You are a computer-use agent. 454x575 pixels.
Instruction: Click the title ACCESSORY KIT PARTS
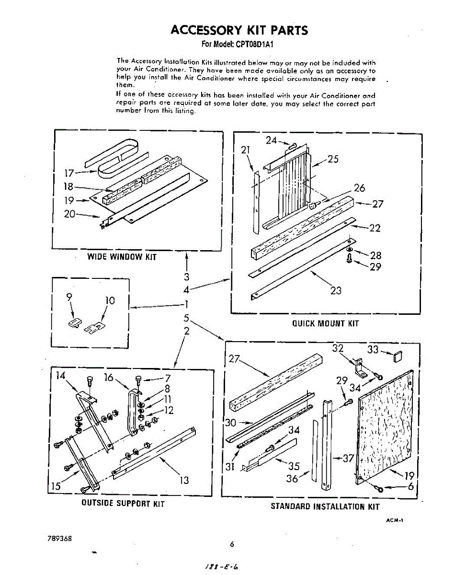[239, 31]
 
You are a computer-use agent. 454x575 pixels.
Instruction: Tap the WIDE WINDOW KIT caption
[122, 257]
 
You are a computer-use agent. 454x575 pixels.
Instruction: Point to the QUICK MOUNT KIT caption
[325, 323]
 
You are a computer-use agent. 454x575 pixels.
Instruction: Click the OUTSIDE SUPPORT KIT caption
[123, 504]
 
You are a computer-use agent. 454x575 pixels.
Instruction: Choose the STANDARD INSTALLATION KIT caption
[325, 506]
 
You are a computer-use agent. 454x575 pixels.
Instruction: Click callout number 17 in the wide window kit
[70, 173]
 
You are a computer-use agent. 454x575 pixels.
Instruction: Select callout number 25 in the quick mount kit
[333, 159]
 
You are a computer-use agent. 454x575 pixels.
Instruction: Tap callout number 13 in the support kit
[184, 480]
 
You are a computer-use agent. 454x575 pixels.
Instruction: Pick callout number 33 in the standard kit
[373, 350]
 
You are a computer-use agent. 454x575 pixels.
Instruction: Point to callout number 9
[70, 297]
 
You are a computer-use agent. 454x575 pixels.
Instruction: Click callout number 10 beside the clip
[110, 300]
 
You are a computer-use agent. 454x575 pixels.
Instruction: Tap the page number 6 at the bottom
[232, 544]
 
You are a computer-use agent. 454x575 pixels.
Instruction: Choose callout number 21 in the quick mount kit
[246, 150]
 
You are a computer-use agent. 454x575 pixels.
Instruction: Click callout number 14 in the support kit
[60, 376]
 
